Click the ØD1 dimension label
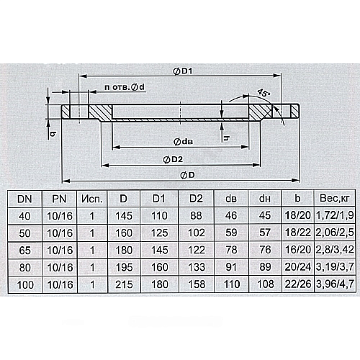[x=182, y=71]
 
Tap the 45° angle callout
[x=264, y=93]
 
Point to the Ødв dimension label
[x=183, y=142]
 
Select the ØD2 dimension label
[x=173, y=159]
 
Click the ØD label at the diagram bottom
[x=187, y=175]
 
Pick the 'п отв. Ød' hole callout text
[x=125, y=87]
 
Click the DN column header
[x=24, y=199]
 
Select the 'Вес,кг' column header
[x=335, y=199]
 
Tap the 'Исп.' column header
[x=92, y=199]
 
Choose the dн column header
[x=265, y=199]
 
